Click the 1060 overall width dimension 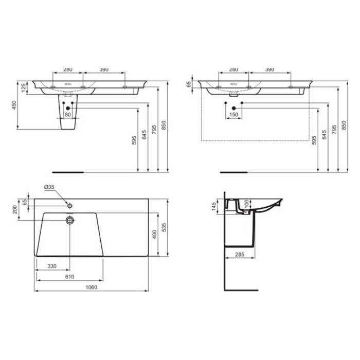coord(92,287)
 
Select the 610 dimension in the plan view coord(69,277)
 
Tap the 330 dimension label coord(52,266)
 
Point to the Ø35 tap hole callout coord(49,187)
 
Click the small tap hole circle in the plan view coord(70,206)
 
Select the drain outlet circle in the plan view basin coord(70,221)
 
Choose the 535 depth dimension coord(164,227)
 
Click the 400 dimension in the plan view coord(154,235)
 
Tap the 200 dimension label coord(15,210)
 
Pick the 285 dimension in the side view coord(240,255)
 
